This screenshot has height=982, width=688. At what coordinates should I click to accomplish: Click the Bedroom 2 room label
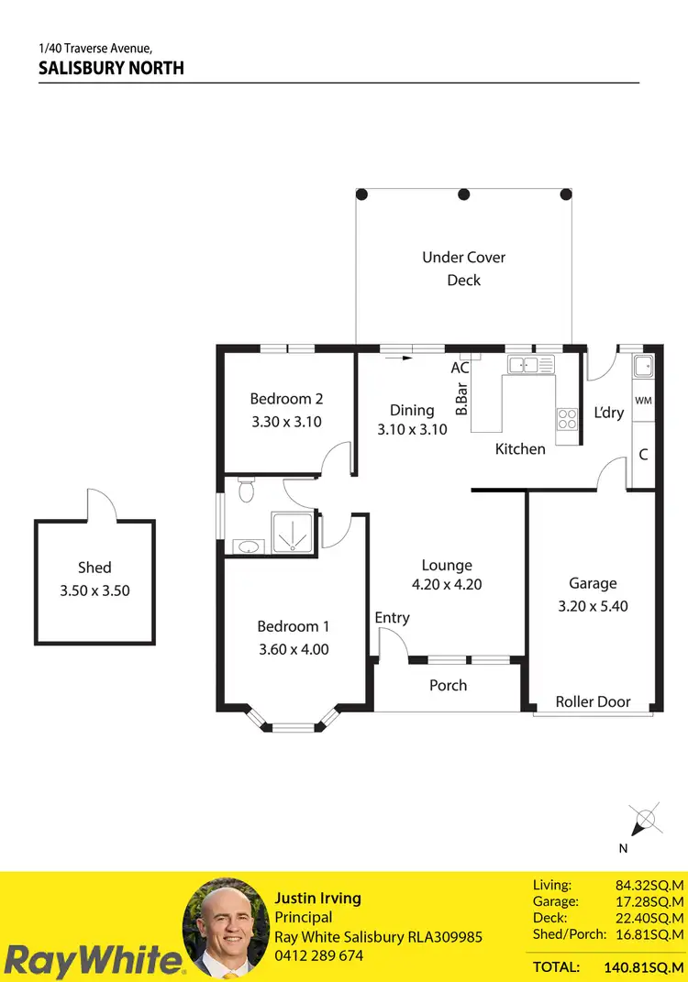pos(286,399)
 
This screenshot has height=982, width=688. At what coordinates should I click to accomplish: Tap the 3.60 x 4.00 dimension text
pos(293,649)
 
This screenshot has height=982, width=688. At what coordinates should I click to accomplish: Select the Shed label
pos(94,568)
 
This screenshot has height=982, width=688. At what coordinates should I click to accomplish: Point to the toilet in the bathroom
pos(245,491)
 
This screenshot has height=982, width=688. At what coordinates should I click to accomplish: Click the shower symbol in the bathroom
pos(291,533)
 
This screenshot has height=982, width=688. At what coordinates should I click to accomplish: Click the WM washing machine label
pos(643,401)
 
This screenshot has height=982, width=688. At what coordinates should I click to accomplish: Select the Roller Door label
pos(593,701)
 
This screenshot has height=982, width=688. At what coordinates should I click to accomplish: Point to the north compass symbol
pos(644,818)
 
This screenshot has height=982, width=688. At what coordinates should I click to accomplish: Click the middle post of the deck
pos(464,194)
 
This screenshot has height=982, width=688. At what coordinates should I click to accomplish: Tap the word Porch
pos(448,685)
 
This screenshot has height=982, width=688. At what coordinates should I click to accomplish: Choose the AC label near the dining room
pos(460,368)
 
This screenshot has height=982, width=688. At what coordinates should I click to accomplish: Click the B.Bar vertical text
pos(461,401)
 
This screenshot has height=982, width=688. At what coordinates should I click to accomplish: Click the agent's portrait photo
pos(225,931)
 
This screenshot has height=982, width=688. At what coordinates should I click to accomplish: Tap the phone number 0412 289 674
pos(319,955)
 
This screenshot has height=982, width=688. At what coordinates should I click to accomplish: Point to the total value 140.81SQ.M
pos(645,966)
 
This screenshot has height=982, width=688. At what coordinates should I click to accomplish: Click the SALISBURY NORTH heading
pos(111,68)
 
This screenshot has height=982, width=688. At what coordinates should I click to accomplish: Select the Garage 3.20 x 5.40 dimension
pos(593,606)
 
